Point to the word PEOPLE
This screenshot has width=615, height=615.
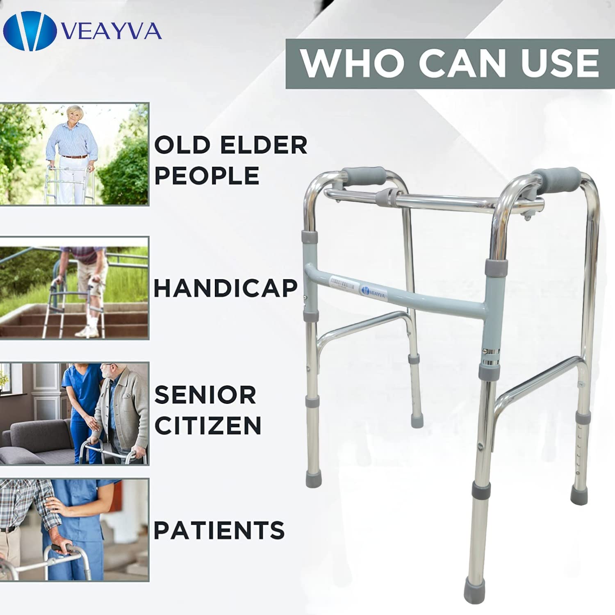(x=207, y=175)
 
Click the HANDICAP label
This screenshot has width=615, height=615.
(x=225, y=288)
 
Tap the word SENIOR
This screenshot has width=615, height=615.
(x=205, y=395)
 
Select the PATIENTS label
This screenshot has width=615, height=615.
(x=219, y=530)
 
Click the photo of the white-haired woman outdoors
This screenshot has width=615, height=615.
(x=74, y=154)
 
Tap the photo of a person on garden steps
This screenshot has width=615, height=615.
(x=74, y=287)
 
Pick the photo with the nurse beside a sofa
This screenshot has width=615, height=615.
(x=74, y=413)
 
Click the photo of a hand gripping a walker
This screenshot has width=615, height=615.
(x=74, y=530)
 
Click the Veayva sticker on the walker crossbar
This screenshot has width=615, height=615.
(x=373, y=291)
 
